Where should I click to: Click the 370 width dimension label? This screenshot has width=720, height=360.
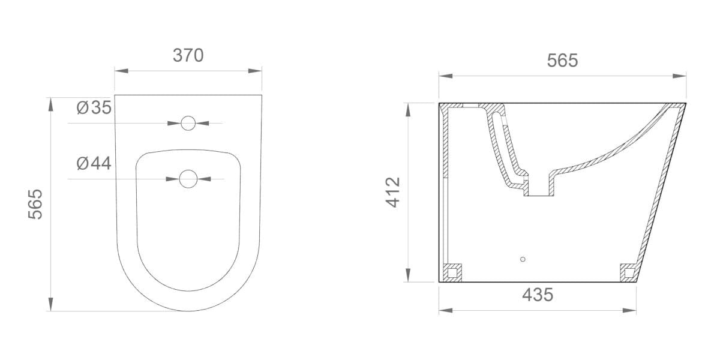188,55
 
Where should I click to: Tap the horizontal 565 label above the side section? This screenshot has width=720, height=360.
562,60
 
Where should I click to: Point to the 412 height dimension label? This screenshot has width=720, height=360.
393,192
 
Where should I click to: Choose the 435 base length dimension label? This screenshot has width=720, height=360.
537,295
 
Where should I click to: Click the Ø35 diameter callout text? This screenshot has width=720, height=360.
94,108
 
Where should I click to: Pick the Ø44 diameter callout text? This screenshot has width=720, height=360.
94,163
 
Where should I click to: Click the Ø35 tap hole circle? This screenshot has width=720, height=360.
188,124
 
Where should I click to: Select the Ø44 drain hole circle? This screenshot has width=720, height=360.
188,178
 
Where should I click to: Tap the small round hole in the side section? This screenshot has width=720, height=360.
523,259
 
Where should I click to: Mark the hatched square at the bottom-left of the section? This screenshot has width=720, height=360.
452,272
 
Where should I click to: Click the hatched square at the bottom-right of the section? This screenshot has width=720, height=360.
629,272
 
